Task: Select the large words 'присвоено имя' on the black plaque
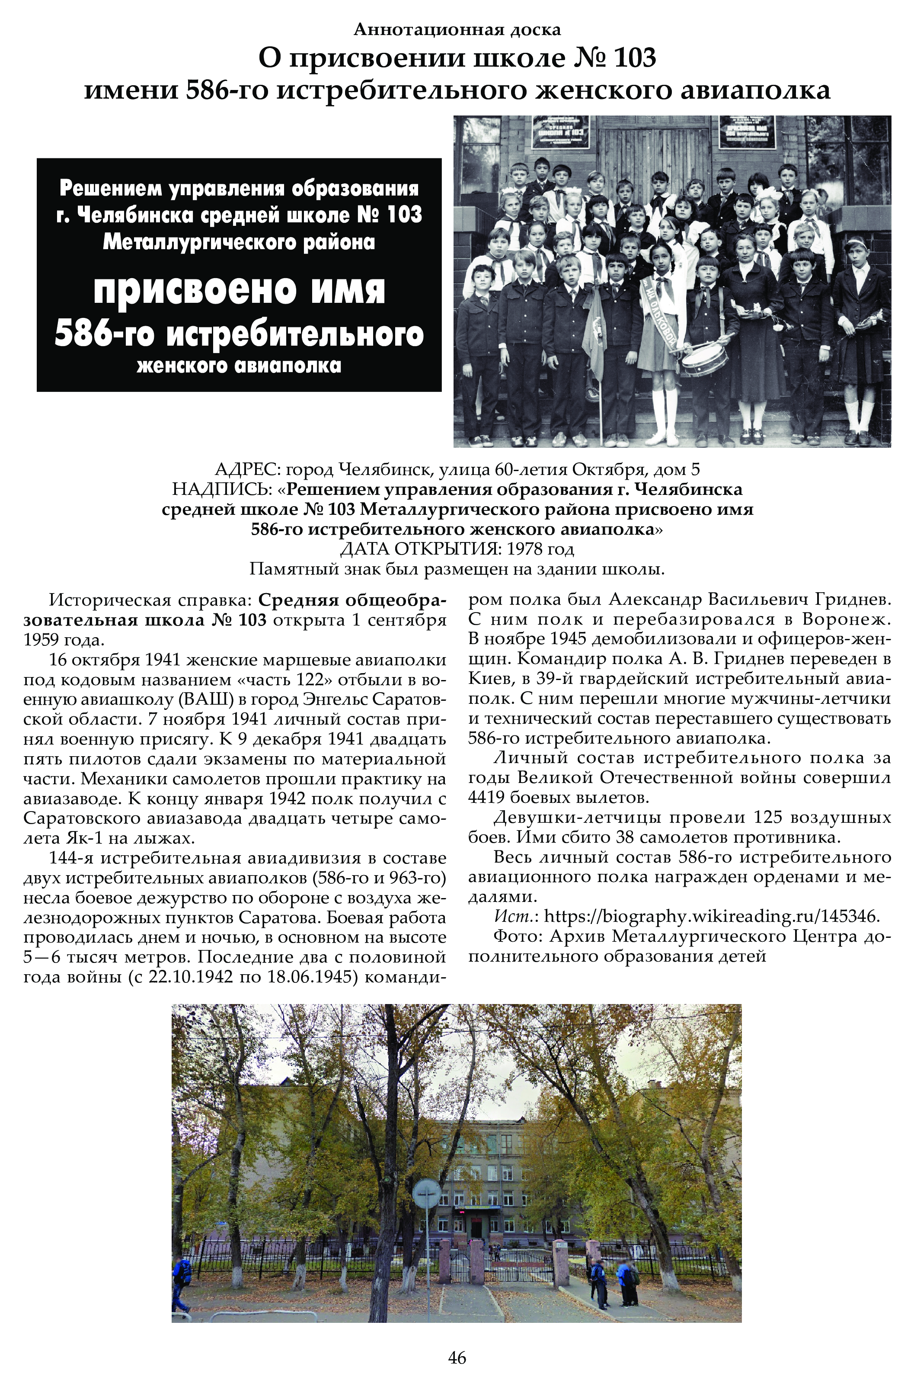(x=239, y=290)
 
